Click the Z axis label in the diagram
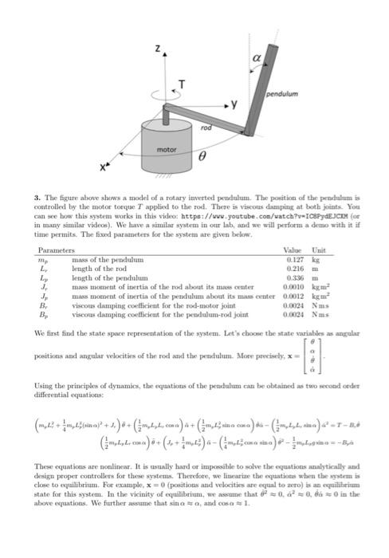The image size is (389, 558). [159, 49]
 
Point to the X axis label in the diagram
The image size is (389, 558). [104, 169]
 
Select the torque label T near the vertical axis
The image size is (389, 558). [183, 85]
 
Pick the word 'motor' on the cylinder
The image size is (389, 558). [166, 149]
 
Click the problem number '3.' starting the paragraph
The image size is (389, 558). [37, 195]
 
